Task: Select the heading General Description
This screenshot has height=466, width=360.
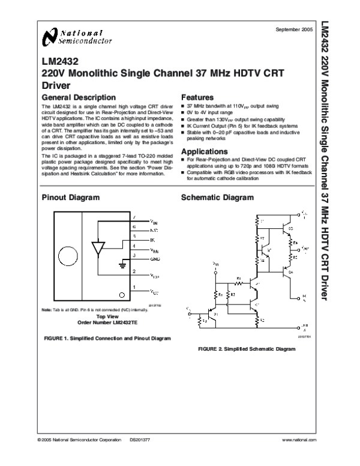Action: [78, 97]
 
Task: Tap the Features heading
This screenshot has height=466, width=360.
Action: [197, 97]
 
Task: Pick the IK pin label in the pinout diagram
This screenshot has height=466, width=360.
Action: [152, 239]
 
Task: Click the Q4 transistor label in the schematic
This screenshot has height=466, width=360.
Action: [291, 272]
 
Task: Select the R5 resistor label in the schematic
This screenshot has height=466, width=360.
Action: [295, 256]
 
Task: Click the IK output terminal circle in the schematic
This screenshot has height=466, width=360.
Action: [299, 296]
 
